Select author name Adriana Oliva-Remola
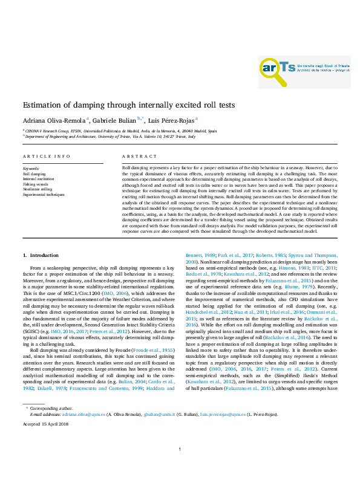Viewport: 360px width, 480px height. click(54, 120)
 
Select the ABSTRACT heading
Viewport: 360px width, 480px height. click(135, 156)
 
